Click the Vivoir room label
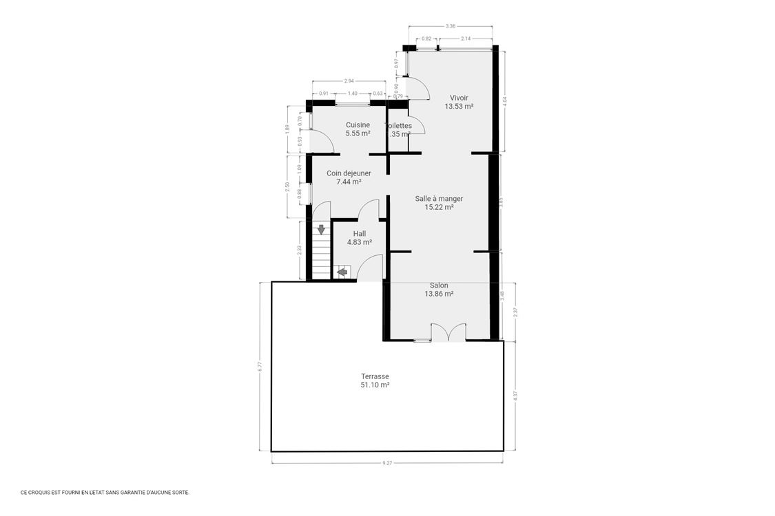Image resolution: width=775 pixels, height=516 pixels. tap(459, 98)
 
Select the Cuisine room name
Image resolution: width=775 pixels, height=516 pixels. tap(358, 125)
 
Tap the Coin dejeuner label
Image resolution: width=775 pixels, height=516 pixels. tap(349, 173)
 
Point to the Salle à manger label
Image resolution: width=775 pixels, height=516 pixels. tap(439, 199)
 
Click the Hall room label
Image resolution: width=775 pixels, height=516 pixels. tap(359, 233)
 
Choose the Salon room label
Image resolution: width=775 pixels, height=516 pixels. tap(439, 286)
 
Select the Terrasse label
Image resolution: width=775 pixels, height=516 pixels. tap(375, 376)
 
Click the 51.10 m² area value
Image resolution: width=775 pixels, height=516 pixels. tap(375, 385)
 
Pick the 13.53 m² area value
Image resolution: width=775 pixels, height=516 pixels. tap(459, 107)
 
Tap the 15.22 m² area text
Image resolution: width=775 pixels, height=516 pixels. tap(439, 207)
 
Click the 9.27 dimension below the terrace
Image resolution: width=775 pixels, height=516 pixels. tap(387, 463)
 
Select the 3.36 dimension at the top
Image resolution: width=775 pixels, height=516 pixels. tap(451, 26)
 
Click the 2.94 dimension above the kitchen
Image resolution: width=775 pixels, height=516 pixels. tap(349, 80)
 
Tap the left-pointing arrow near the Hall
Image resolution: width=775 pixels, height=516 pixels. tap(342, 272)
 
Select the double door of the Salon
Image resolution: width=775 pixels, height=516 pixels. tap(448, 332)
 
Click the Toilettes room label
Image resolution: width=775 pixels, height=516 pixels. tap(399, 126)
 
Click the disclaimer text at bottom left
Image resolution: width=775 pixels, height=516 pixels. tap(105, 492)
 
